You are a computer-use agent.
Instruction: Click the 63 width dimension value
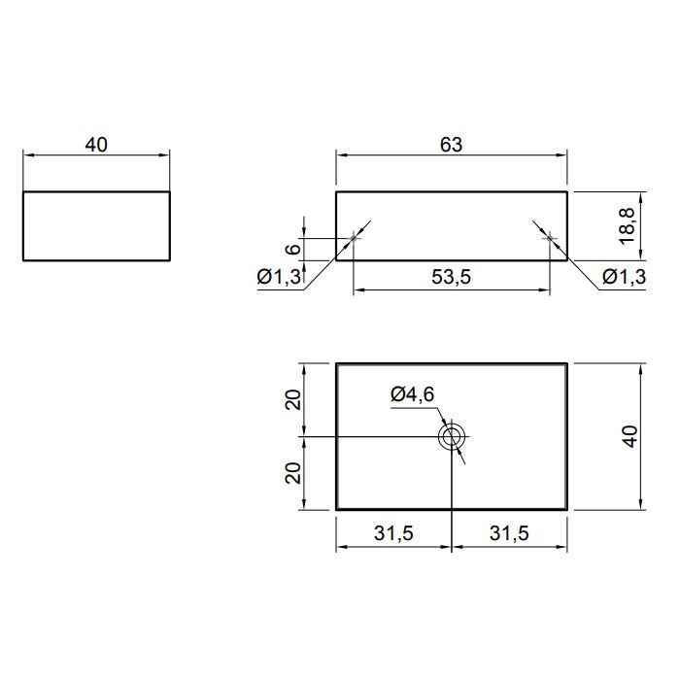[451, 145]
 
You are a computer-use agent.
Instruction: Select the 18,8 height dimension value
[628, 226]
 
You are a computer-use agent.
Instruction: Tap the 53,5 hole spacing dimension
[451, 277]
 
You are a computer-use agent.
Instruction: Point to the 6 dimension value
[293, 249]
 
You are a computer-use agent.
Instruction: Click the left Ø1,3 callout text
[279, 277]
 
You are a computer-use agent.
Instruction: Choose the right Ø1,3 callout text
[624, 277]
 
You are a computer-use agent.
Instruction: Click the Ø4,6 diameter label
[413, 394]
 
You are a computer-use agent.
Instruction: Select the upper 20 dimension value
[293, 400]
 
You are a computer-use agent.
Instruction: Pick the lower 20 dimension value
[293, 473]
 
